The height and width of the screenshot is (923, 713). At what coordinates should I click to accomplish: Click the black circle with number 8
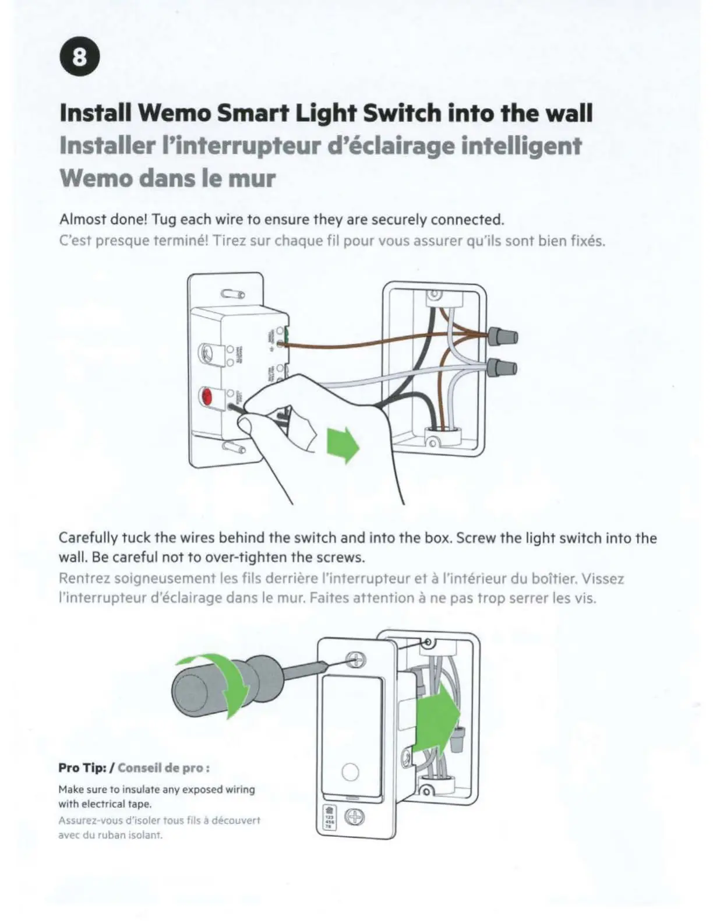[80, 58]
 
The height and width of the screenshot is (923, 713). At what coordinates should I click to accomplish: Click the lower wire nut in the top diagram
[502, 368]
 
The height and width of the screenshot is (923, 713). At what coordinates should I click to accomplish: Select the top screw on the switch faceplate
[355, 660]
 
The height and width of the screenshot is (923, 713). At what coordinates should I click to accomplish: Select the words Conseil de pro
[163, 767]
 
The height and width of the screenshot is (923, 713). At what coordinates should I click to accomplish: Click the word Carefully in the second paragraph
[89, 538]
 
